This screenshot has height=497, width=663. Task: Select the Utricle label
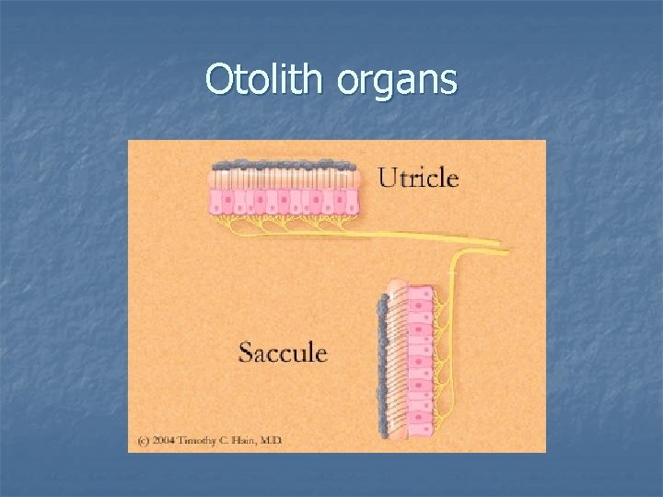[418, 177]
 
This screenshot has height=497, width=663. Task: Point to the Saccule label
[283, 353]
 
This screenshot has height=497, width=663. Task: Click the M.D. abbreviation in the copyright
[272, 441]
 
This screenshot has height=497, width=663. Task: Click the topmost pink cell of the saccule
[420, 294]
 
